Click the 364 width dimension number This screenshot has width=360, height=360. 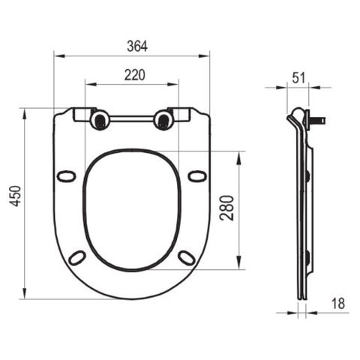point(137,46)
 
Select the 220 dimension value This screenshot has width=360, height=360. point(135,75)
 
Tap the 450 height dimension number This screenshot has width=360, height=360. point(16,196)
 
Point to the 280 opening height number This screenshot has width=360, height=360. point(226,208)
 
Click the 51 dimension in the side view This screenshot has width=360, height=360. point(298,78)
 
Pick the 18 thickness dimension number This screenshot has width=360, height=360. point(338,303)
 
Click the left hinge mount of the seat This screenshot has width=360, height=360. point(99,120)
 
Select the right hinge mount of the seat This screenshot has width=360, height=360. point(163,120)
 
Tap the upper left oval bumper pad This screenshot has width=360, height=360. point(66,176)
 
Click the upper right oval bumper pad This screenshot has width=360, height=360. point(197,176)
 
